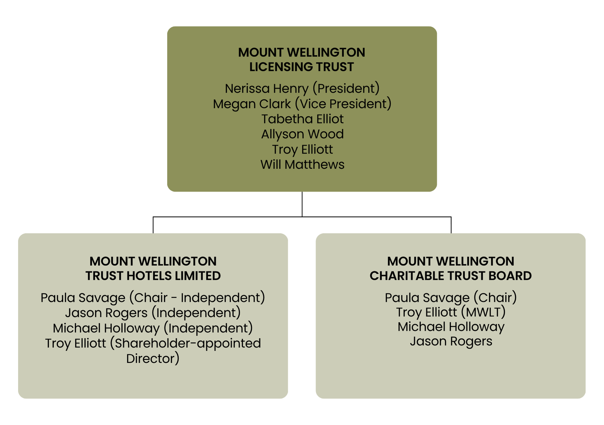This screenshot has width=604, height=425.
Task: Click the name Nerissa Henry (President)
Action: pos(302,89)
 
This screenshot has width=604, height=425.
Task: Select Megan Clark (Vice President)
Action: pos(302,104)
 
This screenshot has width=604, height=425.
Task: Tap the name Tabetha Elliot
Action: pos(302,119)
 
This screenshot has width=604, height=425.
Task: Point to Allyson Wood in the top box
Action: pos(302,134)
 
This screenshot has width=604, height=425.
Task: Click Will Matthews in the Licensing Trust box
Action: pos(302,165)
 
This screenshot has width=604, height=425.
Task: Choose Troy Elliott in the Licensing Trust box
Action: pos(302,150)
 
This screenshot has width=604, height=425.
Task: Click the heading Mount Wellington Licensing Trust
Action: pos(302,59)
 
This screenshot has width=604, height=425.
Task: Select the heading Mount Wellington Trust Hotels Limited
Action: pos(153,268)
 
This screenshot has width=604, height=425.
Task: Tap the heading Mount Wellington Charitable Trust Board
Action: pos(451,268)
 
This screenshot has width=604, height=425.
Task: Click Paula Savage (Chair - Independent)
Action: pos(153,298)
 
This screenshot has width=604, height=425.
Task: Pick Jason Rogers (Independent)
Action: pos(153,313)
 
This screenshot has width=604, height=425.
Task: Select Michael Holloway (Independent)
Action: pos(153,328)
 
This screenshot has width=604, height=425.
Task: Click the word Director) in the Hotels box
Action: pos(153,359)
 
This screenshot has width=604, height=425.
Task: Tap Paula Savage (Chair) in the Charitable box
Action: pos(451,298)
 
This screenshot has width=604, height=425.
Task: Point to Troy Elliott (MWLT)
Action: pos(451,312)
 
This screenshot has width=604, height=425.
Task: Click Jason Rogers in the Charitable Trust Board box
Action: pos(451,341)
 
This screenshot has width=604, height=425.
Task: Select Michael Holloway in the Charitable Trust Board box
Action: pos(451,327)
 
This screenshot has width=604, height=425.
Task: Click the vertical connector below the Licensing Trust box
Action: pos(302,204)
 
